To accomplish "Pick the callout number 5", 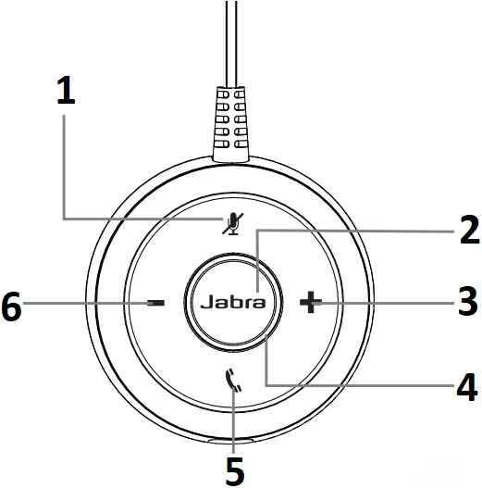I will (235, 468).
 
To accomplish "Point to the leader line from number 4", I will (352, 382).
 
